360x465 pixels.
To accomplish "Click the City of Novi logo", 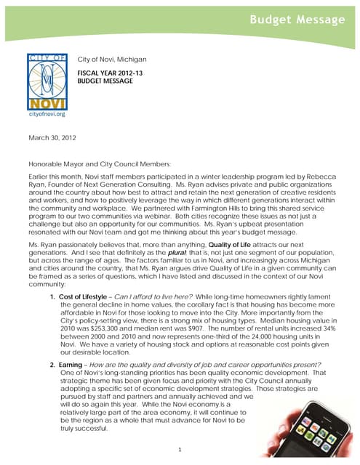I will point(45,79).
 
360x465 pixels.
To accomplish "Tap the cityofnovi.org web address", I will point(45,114).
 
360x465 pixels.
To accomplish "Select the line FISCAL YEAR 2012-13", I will point(112,73).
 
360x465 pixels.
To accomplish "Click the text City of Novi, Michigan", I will point(112,59).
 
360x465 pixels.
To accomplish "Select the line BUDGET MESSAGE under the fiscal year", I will point(105,82).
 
